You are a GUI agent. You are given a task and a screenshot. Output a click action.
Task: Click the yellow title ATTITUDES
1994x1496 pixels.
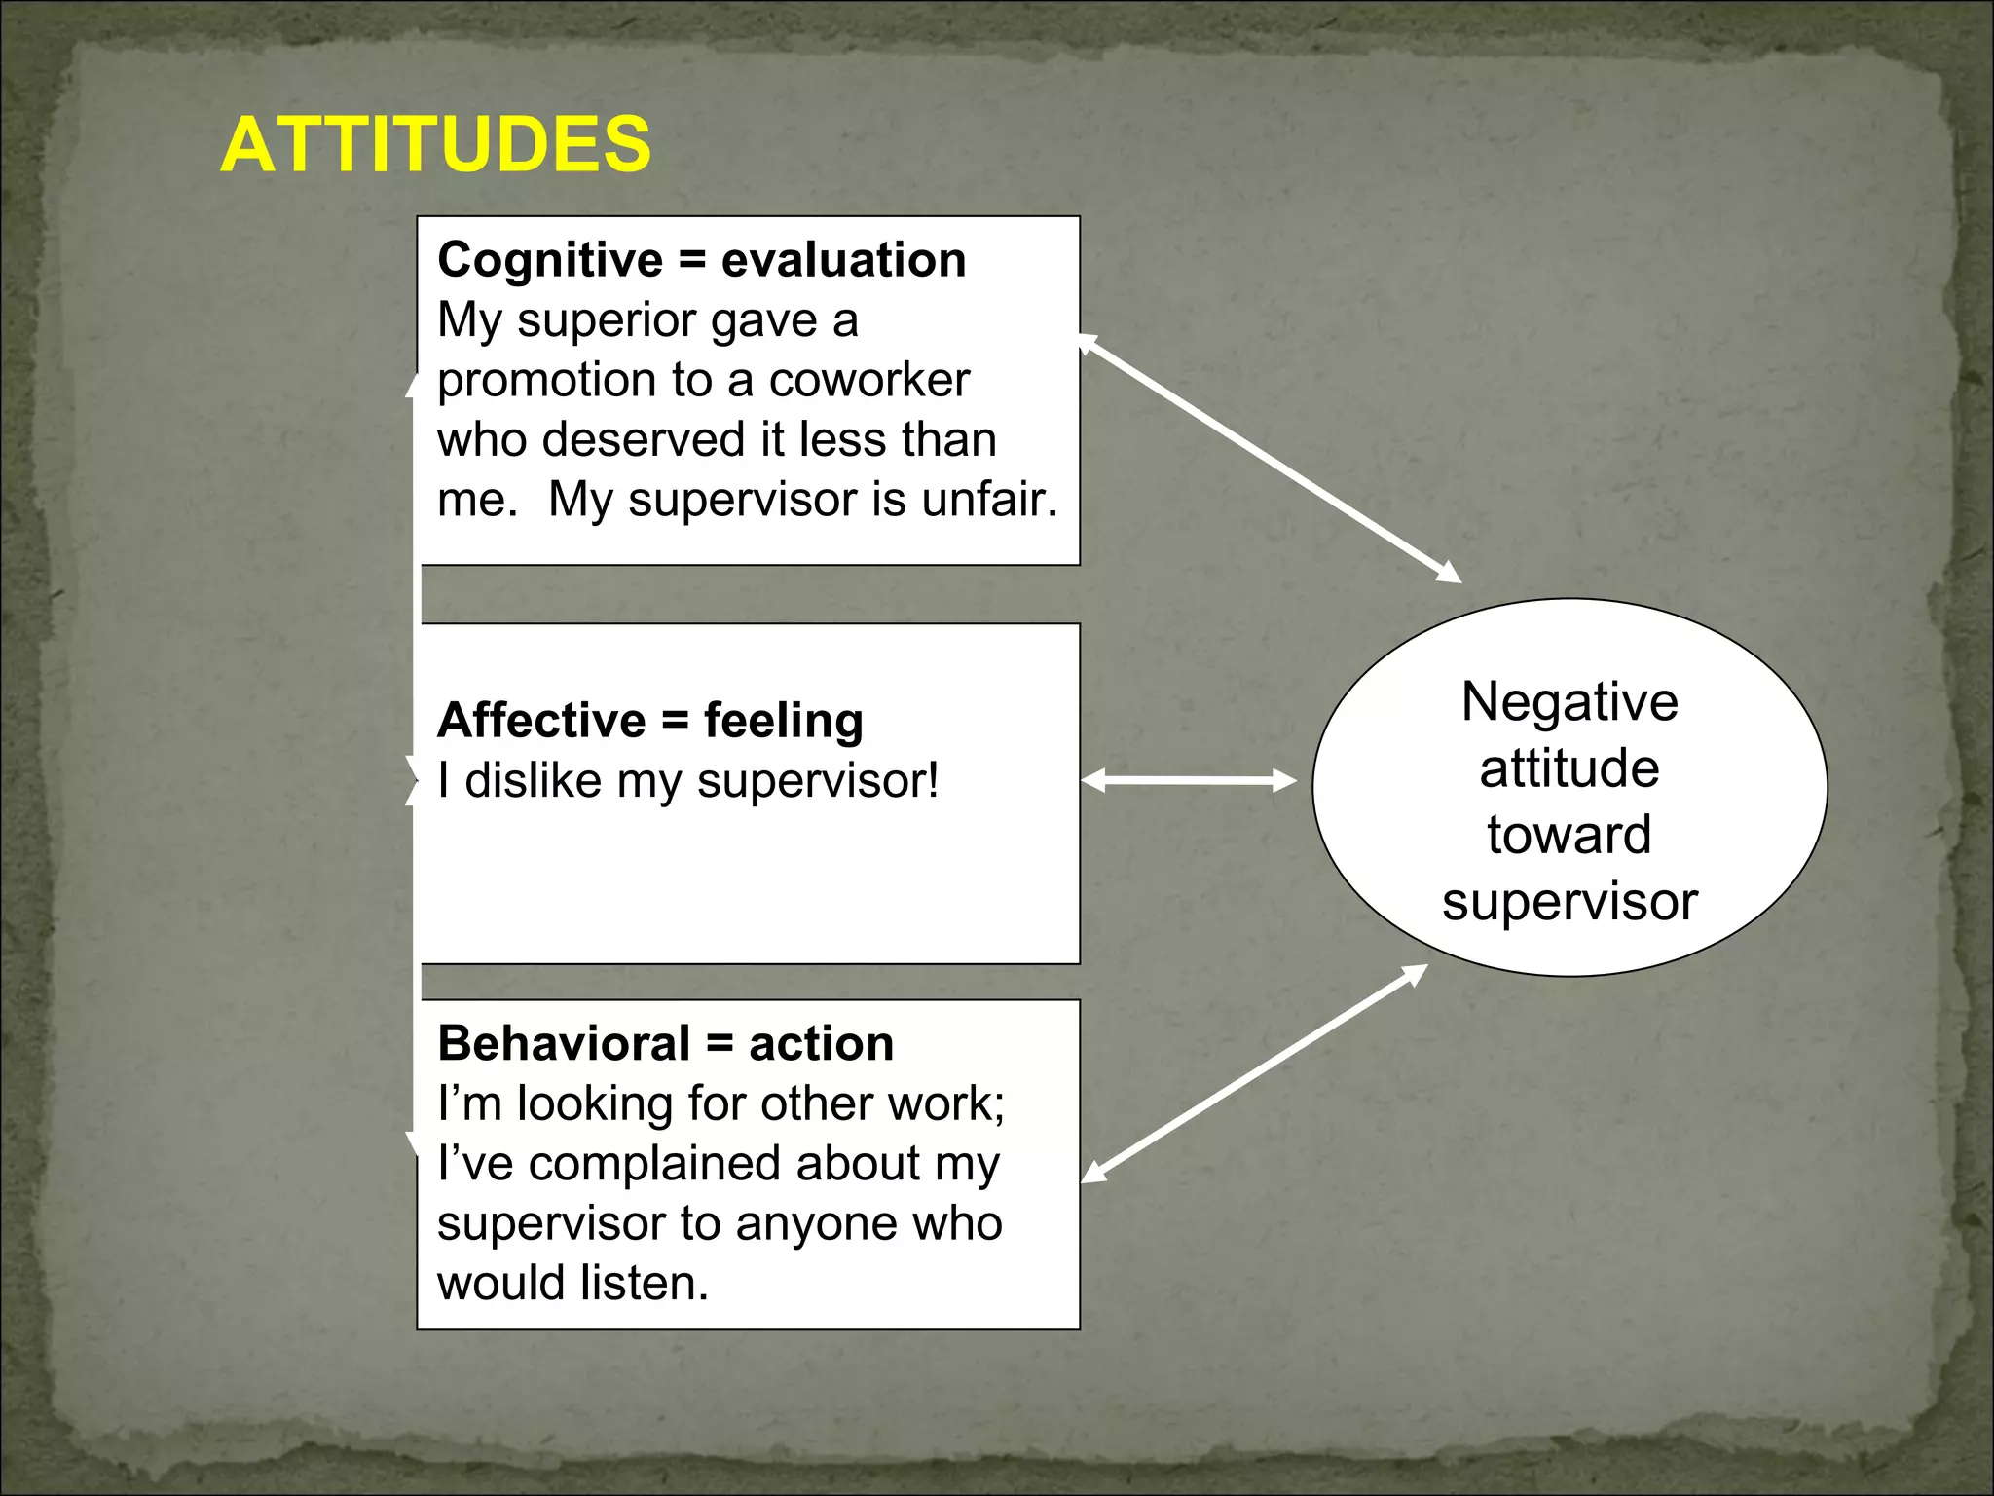(435, 144)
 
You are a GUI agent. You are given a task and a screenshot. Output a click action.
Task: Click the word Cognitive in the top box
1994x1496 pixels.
(550, 260)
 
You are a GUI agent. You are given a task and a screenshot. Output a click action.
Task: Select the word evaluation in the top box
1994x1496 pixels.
(843, 260)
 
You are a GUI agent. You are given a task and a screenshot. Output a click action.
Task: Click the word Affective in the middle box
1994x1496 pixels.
(540, 721)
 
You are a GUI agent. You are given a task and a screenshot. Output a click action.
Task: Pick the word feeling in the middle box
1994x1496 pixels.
(783, 722)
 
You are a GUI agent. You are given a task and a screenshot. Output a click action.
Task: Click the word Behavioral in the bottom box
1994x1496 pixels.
(564, 1044)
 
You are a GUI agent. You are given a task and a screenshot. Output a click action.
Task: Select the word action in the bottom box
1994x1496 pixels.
(821, 1044)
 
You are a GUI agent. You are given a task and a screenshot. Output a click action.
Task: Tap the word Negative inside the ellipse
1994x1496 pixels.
(1569, 702)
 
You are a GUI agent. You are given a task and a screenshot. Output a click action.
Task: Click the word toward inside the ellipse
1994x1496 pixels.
(1569, 835)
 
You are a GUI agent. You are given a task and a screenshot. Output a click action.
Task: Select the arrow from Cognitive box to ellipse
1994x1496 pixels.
(1270, 459)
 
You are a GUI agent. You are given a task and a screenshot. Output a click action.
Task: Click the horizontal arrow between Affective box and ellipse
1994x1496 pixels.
(1189, 780)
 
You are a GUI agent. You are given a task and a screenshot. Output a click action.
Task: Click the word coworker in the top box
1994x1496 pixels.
(868, 380)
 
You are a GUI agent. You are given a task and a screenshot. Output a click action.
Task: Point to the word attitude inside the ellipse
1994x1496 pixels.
(1569, 768)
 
